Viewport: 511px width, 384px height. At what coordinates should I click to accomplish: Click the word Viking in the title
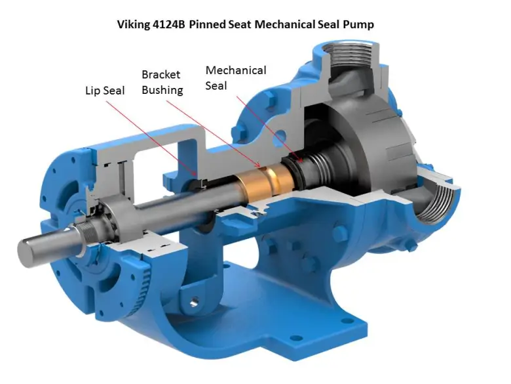pyautogui.click(x=133, y=24)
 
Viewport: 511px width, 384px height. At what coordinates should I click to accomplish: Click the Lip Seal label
pyautogui.click(x=105, y=91)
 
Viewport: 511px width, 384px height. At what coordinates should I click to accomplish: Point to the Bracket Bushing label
pyautogui.click(x=162, y=82)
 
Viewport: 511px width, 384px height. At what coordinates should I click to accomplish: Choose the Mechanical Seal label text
pyautogui.click(x=236, y=78)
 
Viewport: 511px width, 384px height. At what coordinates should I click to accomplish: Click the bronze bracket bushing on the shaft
pyautogui.click(x=265, y=184)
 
